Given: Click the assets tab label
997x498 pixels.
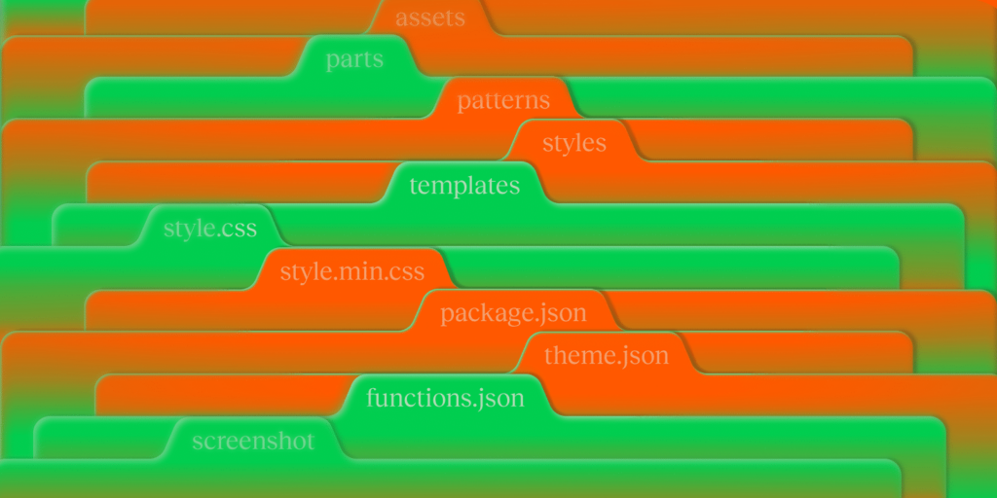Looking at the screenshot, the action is (430, 18).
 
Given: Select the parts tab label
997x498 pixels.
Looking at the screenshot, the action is (354, 59).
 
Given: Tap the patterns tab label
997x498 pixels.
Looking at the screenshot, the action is (503, 101).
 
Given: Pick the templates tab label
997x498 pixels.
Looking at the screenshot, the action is (464, 186).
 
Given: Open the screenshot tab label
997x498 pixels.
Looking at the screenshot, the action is (254, 441).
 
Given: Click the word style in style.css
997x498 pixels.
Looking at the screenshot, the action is (188, 228).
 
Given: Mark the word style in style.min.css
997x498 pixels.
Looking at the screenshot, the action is (305, 271).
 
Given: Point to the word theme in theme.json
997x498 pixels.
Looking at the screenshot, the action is (575, 356).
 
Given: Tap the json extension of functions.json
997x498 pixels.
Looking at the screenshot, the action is (498, 398).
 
